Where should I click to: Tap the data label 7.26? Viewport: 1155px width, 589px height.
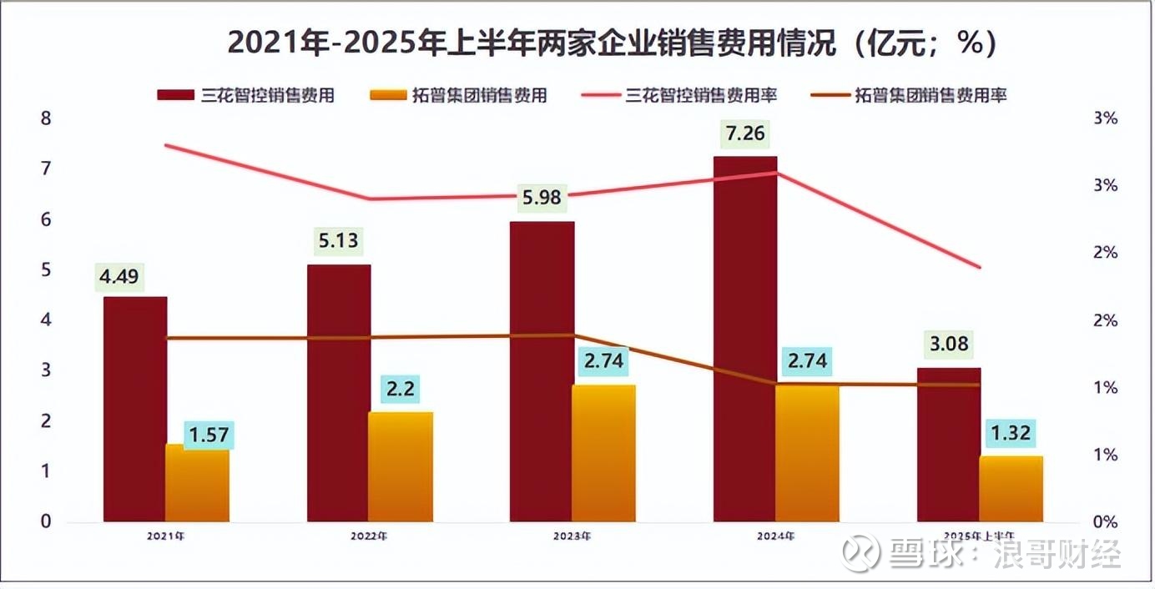[745, 133]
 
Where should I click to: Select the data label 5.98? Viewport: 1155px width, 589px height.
[542, 198]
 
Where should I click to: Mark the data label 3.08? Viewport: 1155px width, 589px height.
[949, 344]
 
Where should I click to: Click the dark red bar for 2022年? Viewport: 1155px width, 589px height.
[339, 393]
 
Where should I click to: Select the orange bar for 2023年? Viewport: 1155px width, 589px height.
[604, 455]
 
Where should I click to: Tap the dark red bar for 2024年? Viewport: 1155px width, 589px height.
[745, 339]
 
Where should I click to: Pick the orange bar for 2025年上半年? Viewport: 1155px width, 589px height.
[1011, 490]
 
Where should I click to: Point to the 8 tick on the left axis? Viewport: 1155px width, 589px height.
[46, 118]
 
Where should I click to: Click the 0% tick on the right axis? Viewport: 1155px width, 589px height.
[1104, 522]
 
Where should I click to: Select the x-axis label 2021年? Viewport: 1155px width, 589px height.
[167, 536]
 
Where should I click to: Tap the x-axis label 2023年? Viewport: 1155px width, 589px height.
[572, 536]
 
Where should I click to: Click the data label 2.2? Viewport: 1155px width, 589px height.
[401, 389]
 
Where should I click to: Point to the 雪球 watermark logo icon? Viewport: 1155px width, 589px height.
[861, 552]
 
